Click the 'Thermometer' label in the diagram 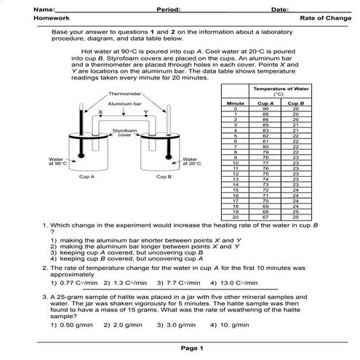click(123, 95)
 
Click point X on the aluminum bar click(100, 111)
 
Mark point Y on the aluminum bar click(145, 111)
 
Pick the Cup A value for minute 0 click(265, 109)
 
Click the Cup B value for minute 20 click(295, 217)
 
